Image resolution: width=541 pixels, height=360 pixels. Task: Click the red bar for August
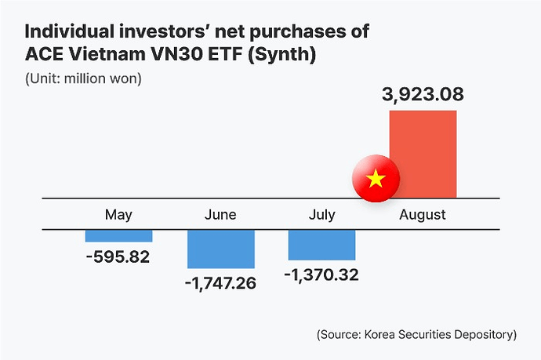(423, 155)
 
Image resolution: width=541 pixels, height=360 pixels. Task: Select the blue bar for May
(118, 236)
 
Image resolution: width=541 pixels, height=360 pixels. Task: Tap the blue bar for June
(220, 249)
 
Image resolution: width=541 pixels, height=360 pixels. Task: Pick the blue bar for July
(321, 245)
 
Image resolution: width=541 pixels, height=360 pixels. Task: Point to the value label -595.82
(118, 256)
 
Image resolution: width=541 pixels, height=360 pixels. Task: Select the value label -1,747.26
(220, 283)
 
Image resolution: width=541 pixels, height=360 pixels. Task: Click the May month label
(118, 215)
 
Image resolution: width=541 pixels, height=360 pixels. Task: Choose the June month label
(220, 215)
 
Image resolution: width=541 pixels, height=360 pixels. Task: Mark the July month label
(321, 215)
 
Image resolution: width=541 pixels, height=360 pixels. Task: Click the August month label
(423, 215)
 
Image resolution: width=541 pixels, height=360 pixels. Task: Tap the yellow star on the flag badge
(376, 180)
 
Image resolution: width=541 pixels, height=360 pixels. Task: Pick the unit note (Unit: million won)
(83, 79)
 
